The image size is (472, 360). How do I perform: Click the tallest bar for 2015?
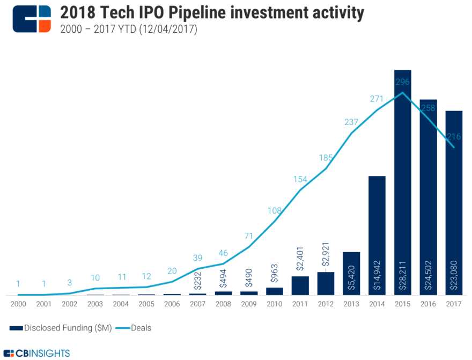402,182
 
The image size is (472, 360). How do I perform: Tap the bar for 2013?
351,273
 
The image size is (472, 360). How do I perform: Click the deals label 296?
402,82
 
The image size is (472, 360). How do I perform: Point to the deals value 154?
300,179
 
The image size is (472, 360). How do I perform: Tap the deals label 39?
197,258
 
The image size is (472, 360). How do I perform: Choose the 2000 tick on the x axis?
18,304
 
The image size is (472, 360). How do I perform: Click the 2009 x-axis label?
249,304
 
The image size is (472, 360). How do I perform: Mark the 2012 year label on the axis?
326,304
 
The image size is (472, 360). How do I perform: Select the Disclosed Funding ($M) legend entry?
61,328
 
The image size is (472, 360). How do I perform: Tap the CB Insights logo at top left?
32,19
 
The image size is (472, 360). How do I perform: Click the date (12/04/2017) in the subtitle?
167,30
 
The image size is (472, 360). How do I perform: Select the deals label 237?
351,122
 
